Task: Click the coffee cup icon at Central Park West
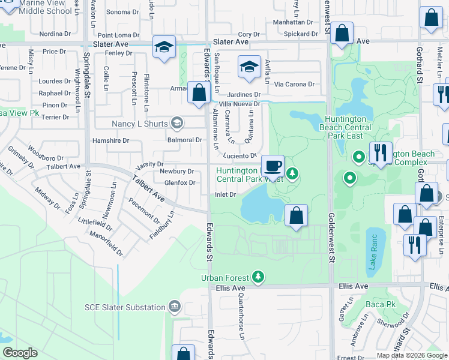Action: pos(273,165)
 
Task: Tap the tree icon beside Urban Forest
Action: pos(258,277)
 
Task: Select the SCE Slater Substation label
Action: pos(125,307)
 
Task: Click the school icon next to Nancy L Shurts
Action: pos(176,124)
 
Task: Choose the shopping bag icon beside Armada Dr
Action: pos(198,92)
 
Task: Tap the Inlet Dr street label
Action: pos(225,194)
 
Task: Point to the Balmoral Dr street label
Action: pos(185,140)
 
